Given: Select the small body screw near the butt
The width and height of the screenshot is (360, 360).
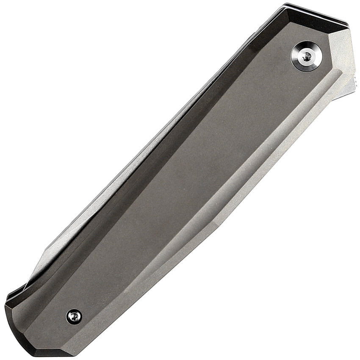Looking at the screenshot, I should (x=74, y=316).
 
